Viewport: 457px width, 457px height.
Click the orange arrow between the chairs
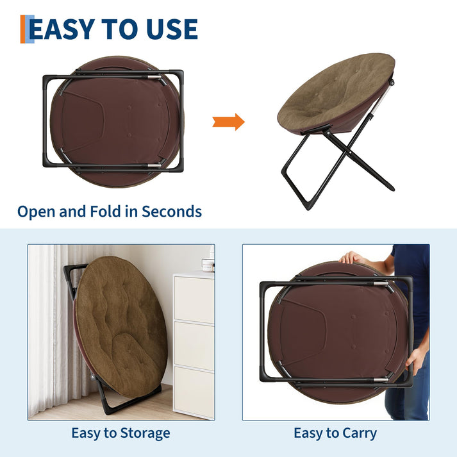click(229, 122)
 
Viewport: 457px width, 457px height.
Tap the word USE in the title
click(172, 29)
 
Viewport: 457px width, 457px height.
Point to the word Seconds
click(172, 212)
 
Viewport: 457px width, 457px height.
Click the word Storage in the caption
click(145, 433)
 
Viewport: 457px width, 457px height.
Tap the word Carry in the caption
click(360, 433)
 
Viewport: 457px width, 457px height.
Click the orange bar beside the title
click(22, 29)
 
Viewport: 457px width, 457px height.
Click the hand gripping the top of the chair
click(351, 258)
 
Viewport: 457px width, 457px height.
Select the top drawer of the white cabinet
click(194, 299)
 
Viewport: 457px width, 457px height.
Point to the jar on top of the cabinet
click(208, 265)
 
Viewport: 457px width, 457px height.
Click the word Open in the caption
click(37, 212)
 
